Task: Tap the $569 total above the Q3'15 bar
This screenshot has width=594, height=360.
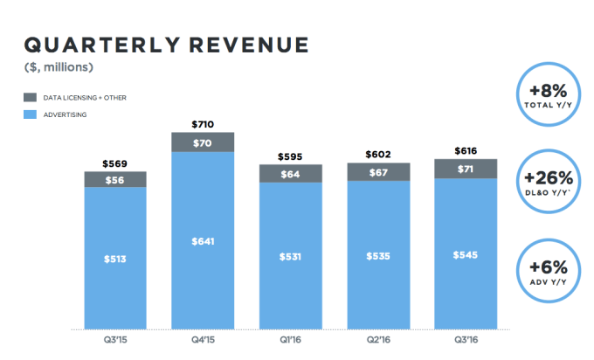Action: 114,163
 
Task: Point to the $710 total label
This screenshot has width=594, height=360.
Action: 203,124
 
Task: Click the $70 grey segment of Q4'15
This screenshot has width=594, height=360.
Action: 203,142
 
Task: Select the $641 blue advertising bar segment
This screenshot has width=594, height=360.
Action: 203,241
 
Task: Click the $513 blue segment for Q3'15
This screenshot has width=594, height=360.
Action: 114,259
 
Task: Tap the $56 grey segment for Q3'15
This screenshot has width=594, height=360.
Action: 114,180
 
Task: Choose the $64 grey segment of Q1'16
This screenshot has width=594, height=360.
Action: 290,174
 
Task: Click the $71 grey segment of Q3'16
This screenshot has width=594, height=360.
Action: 466,169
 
